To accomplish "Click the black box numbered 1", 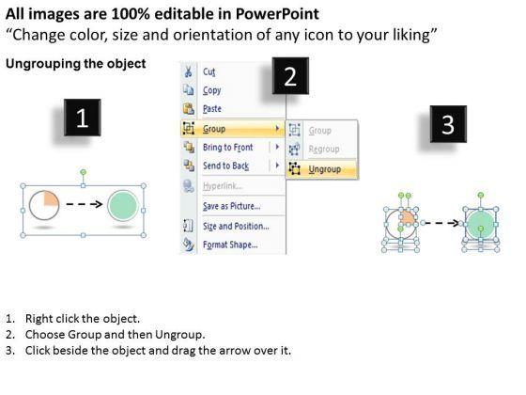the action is tap(83, 118).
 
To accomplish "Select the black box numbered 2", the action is tap(290, 76).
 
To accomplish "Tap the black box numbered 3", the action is tap(449, 124).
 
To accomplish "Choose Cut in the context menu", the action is tap(209, 71).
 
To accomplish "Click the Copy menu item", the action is tap(212, 90).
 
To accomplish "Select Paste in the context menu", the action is tap(212, 109).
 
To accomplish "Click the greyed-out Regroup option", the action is tap(324, 149).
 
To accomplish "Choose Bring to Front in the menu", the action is tap(227, 147).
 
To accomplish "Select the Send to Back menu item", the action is tap(225, 166).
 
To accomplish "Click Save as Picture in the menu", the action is tap(231, 206).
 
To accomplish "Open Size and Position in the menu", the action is tap(236, 226).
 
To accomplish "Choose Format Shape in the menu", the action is tap(230, 245).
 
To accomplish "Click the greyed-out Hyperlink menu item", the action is tap(223, 186).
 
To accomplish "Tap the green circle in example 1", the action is tap(123, 206).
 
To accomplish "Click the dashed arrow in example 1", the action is tap(84, 204).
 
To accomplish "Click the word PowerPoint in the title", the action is tap(277, 14).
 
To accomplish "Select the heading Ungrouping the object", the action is tap(76, 64).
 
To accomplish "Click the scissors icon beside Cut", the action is tap(188, 71).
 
